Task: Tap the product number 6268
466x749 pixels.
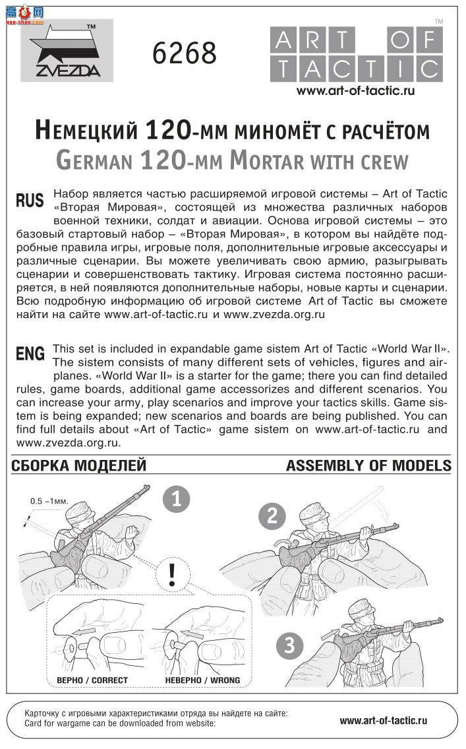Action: (x=185, y=53)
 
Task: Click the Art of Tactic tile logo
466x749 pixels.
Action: (x=356, y=55)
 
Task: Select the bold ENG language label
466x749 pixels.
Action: (x=30, y=354)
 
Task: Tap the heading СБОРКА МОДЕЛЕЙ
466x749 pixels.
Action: (x=78, y=466)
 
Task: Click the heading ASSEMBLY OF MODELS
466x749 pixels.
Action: (x=368, y=466)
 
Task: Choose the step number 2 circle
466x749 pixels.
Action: (x=272, y=516)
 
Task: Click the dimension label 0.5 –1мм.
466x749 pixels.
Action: (x=49, y=502)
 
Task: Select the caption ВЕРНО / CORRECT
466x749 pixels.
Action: (x=83, y=680)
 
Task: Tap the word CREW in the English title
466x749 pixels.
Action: (x=380, y=160)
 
